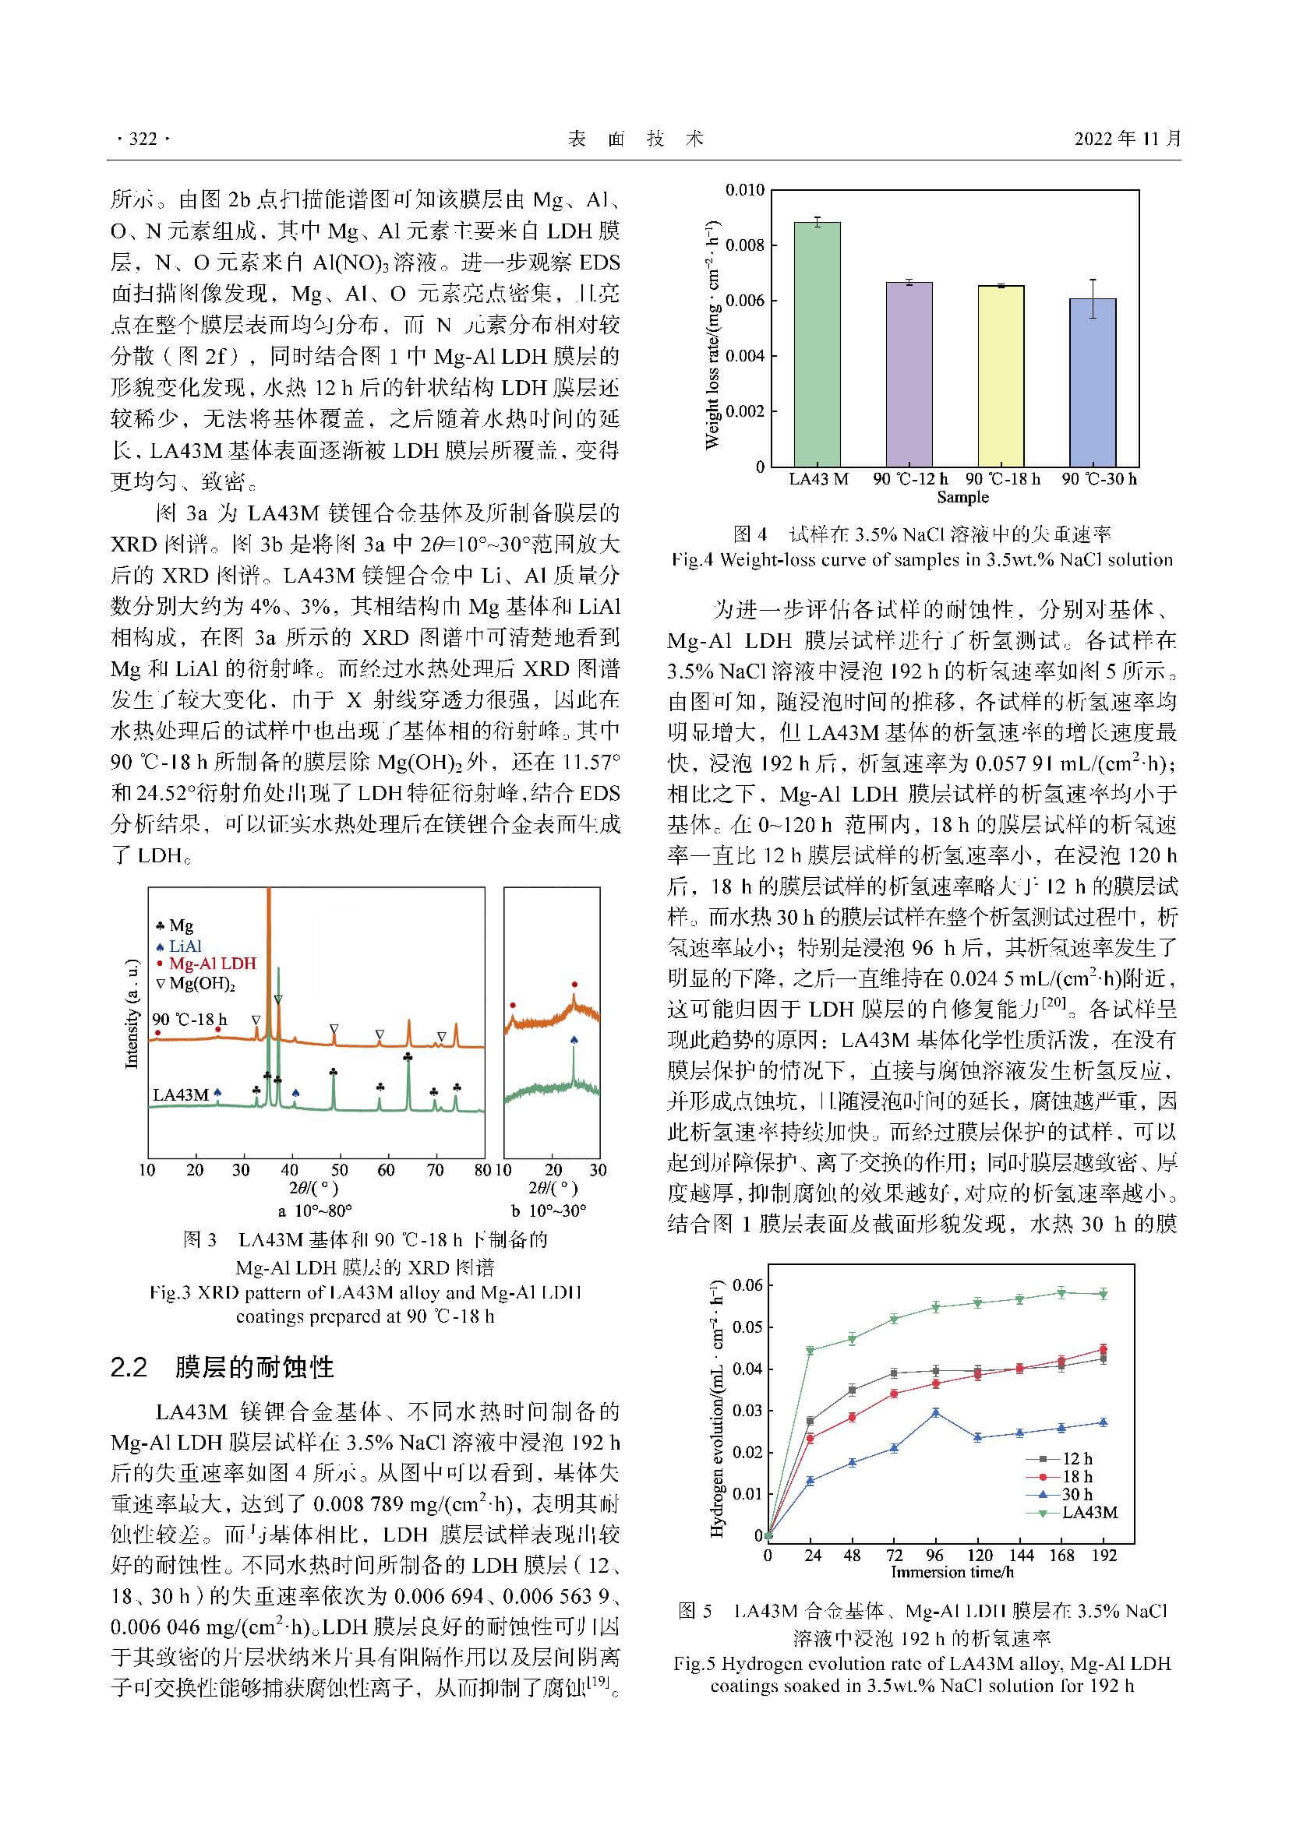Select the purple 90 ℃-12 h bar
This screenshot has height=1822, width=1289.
click(909, 374)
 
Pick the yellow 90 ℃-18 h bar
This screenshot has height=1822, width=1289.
click(1001, 375)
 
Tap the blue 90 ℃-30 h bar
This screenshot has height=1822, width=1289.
click(1093, 382)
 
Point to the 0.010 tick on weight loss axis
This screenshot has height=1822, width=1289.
click(744, 190)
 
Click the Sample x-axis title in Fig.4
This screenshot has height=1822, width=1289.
click(962, 498)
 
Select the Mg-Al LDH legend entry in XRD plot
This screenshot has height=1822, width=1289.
click(212, 964)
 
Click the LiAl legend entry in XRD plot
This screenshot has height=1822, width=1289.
click(185, 946)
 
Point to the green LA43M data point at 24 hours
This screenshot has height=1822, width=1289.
click(810, 1351)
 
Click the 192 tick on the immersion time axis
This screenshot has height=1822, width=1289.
click(1104, 1556)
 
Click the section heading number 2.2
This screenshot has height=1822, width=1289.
click(129, 1367)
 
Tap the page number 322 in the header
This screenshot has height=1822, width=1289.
click(143, 139)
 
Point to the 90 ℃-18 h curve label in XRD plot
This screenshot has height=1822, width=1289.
click(189, 1020)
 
